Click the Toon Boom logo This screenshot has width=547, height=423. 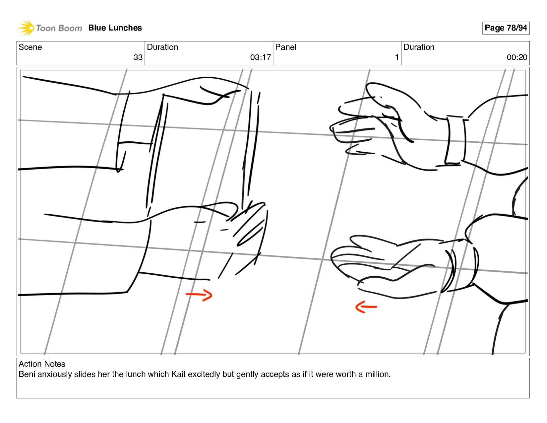coord(50,28)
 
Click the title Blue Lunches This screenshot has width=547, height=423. coord(115,28)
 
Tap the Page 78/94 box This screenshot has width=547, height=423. coord(506,28)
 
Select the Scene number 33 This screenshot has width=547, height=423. coord(138,57)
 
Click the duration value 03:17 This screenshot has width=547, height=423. coord(260,57)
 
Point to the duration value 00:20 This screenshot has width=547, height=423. coord(517,57)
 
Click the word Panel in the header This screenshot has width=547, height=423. coord(285,47)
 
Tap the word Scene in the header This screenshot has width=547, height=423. coord(30,47)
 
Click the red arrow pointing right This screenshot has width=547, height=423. coord(199,295)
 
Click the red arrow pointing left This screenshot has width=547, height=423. coord(366,307)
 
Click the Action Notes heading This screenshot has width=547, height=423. coord(42,364)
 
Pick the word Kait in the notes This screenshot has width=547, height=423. coord(178,374)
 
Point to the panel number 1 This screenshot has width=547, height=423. coord(396,57)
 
